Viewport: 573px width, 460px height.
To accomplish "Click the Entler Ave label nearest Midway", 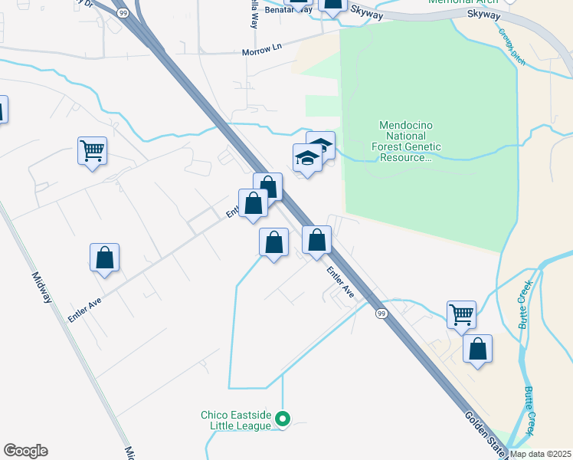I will (x=84, y=305).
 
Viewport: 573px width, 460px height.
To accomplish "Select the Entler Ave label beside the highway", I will (x=340, y=281).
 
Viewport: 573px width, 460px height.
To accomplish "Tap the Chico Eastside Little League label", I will (x=236, y=420).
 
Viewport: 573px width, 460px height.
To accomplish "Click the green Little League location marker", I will (x=283, y=419).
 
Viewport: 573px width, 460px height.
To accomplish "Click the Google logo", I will (x=25, y=451).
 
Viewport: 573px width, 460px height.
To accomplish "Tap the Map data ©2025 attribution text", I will (x=541, y=454).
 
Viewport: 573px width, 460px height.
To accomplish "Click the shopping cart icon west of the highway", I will (x=92, y=149).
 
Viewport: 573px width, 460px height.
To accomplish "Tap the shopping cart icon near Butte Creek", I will (x=461, y=313).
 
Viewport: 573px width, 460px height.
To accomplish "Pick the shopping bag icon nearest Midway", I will (x=105, y=258).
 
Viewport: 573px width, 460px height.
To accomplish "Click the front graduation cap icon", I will (x=307, y=157).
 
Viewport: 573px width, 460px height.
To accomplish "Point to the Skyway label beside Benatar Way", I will (x=368, y=11).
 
